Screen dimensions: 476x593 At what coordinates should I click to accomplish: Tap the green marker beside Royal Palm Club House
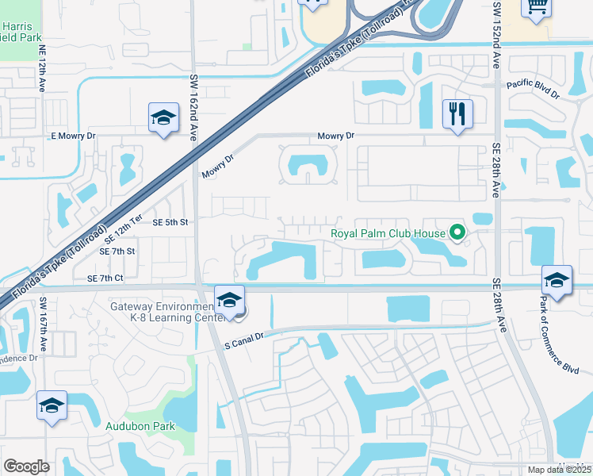(x=457, y=233)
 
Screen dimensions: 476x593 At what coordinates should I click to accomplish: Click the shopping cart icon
(x=537, y=6)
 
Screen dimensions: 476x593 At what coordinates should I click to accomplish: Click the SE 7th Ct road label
(x=106, y=278)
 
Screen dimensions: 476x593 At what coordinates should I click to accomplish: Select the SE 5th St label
(x=169, y=223)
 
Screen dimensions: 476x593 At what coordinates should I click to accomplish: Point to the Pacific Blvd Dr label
(x=534, y=89)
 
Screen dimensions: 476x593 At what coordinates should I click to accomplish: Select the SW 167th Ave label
(x=44, y=323)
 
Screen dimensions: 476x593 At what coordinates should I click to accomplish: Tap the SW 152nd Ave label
(x=497, y=32)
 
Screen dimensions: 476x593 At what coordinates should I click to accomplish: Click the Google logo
(x=26, y=466)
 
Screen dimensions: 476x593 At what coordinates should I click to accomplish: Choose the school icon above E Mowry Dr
(x=164, y=119)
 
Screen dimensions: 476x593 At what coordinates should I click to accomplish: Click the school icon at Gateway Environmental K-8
(x=229, y=301)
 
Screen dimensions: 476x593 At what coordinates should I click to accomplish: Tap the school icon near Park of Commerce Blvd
(x=557, y=281)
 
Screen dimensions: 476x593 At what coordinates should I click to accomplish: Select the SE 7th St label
(x=117, y=251)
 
